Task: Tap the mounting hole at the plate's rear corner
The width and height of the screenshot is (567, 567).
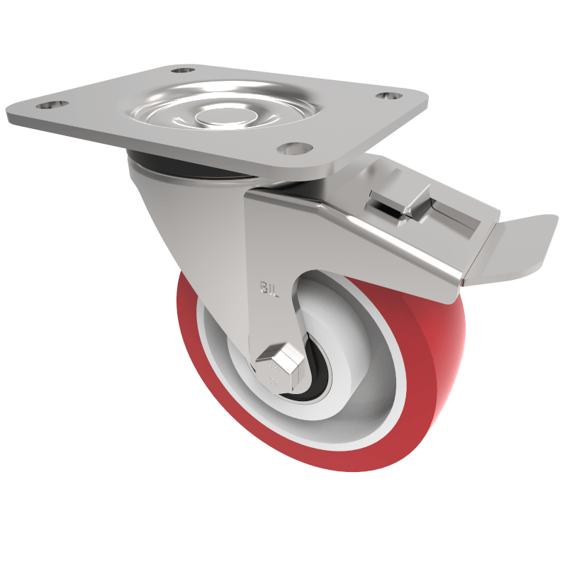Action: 183,71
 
